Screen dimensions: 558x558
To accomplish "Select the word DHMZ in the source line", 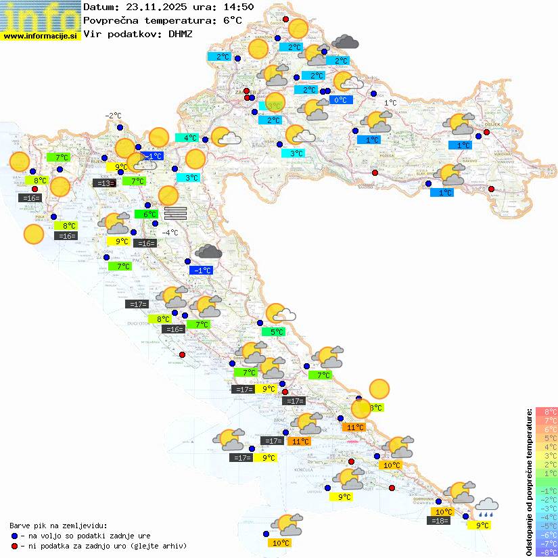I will [179, 33].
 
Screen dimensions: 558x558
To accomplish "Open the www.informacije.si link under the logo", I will [41, 36].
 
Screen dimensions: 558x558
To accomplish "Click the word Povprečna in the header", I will [110, 20].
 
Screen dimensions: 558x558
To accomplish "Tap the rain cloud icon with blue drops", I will [486, 507].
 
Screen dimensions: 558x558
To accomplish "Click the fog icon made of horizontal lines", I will [175, 212].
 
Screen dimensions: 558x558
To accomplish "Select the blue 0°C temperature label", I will [341, 100].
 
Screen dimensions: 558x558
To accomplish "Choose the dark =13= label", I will [103, 183].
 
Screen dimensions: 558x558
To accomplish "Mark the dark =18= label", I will [440, 521].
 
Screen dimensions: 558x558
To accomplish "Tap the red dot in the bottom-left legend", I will [14, 546].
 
